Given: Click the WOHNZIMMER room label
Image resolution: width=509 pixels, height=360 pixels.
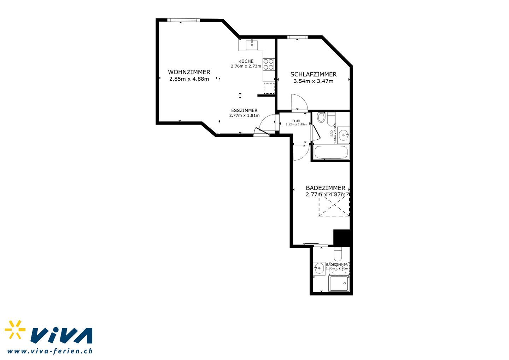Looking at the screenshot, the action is tap(189, 72).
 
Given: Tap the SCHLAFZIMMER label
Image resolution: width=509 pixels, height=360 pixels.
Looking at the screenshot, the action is tap(313, 74).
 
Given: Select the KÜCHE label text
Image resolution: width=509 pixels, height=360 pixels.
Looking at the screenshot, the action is tap(246, 61).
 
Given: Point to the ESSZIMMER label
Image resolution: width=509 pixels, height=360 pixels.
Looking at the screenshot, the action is tap(244, 110).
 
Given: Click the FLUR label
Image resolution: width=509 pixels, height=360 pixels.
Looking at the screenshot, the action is tap(296, 121).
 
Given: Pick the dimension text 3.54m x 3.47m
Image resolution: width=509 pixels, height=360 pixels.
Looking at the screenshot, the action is tap(313, 81).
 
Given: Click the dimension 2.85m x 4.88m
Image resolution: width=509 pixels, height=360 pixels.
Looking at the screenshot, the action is tap(189, 79).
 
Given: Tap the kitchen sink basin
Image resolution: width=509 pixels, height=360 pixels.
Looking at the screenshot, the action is tap(252, 45).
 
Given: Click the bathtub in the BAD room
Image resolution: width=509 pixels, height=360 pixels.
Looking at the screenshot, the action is tap(331, 152).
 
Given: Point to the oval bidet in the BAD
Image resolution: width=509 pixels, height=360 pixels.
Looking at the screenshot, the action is tap(321, 117).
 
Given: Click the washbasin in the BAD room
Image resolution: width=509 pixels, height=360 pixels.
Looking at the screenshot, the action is tap(343, 135).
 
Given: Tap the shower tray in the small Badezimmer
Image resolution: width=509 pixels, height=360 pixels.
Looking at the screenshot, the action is tap(339, 283).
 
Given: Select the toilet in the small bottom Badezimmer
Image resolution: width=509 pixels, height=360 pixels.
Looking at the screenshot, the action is tap(338, 254).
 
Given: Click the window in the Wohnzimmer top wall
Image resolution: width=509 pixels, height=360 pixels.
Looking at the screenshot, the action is tap(183, 20).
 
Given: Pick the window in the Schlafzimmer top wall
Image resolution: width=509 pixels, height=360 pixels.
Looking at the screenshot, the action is tap(297, 37).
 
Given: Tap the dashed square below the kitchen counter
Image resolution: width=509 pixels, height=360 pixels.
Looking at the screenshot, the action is tap(269, 88).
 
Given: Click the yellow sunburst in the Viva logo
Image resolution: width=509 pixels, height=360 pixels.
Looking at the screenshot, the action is tap(15, 329).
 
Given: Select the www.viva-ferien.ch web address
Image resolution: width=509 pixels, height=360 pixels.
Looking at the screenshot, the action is tap(50, 351).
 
